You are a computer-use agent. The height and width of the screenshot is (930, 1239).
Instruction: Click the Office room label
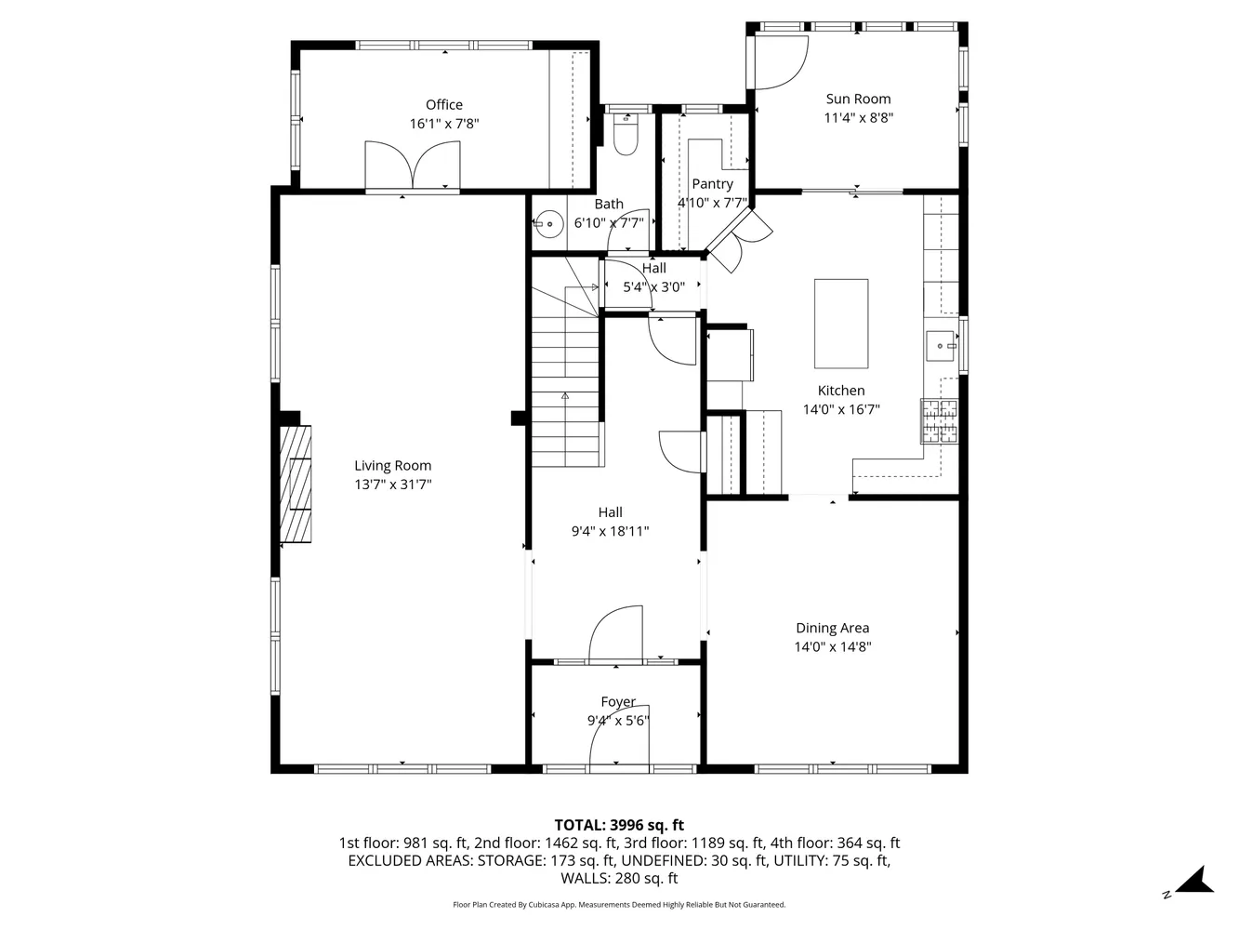pos(443,105)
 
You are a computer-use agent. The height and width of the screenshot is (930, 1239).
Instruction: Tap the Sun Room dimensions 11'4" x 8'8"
pos(858,118)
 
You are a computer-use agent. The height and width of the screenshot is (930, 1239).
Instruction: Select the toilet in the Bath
pos(626,135)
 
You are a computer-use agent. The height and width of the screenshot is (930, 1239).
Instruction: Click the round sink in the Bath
pos(549,224)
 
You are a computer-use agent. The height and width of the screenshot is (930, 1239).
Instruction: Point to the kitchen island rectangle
pos(841,324)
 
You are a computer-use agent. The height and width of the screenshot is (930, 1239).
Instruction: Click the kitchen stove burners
pos(939,421)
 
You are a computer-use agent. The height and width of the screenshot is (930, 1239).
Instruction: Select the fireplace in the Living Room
pos(297,484)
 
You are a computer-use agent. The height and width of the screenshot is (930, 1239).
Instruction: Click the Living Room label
pos(392,466)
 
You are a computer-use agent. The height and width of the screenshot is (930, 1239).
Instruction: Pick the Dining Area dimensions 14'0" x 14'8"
pos(832,647)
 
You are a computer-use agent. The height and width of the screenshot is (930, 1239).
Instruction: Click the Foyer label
pos(618,702)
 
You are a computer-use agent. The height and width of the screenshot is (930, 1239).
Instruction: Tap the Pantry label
pos(712,184)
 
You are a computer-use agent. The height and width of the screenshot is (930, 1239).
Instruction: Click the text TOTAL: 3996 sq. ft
pos(619,825)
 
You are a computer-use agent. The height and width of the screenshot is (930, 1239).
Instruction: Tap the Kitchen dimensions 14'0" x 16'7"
pos(841,409)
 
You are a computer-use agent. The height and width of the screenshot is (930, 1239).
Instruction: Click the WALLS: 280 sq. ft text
pos(619,878)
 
